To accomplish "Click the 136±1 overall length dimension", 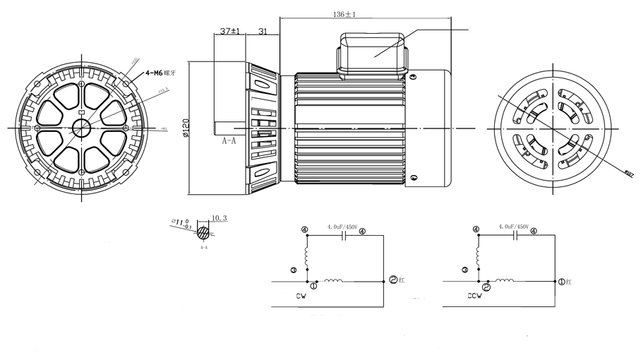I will (x=344, y=14).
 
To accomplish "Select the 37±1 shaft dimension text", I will (x=230, y=32).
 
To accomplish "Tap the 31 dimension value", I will (x=263, y=32).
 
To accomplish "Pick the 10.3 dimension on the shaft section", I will (x=219, y=219).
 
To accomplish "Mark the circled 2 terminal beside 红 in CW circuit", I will (x=394, y=280).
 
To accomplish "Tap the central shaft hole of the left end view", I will (x=81, y=127).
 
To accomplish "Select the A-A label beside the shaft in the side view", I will (x=228, y=141).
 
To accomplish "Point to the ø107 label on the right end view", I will (x=629, y=172).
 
